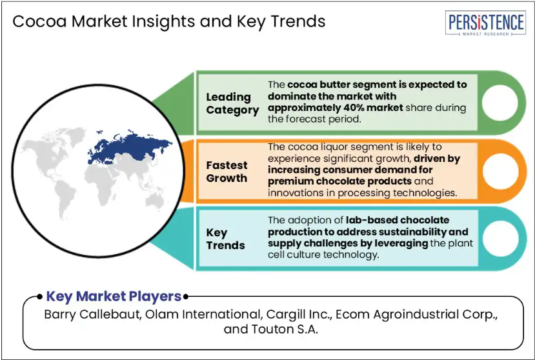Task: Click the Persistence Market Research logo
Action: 485,23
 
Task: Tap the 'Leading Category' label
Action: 232,103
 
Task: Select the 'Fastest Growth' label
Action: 227,172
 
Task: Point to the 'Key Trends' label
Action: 225,239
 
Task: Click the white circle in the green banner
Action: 500,103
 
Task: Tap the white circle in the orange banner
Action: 500,171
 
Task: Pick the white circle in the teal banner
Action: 501,239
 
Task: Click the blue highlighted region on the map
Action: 130,146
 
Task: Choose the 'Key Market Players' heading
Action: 114,296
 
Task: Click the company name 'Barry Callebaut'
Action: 92,314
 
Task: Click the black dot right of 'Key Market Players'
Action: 186,297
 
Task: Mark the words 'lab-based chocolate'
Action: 397,220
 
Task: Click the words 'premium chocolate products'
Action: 340,181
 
